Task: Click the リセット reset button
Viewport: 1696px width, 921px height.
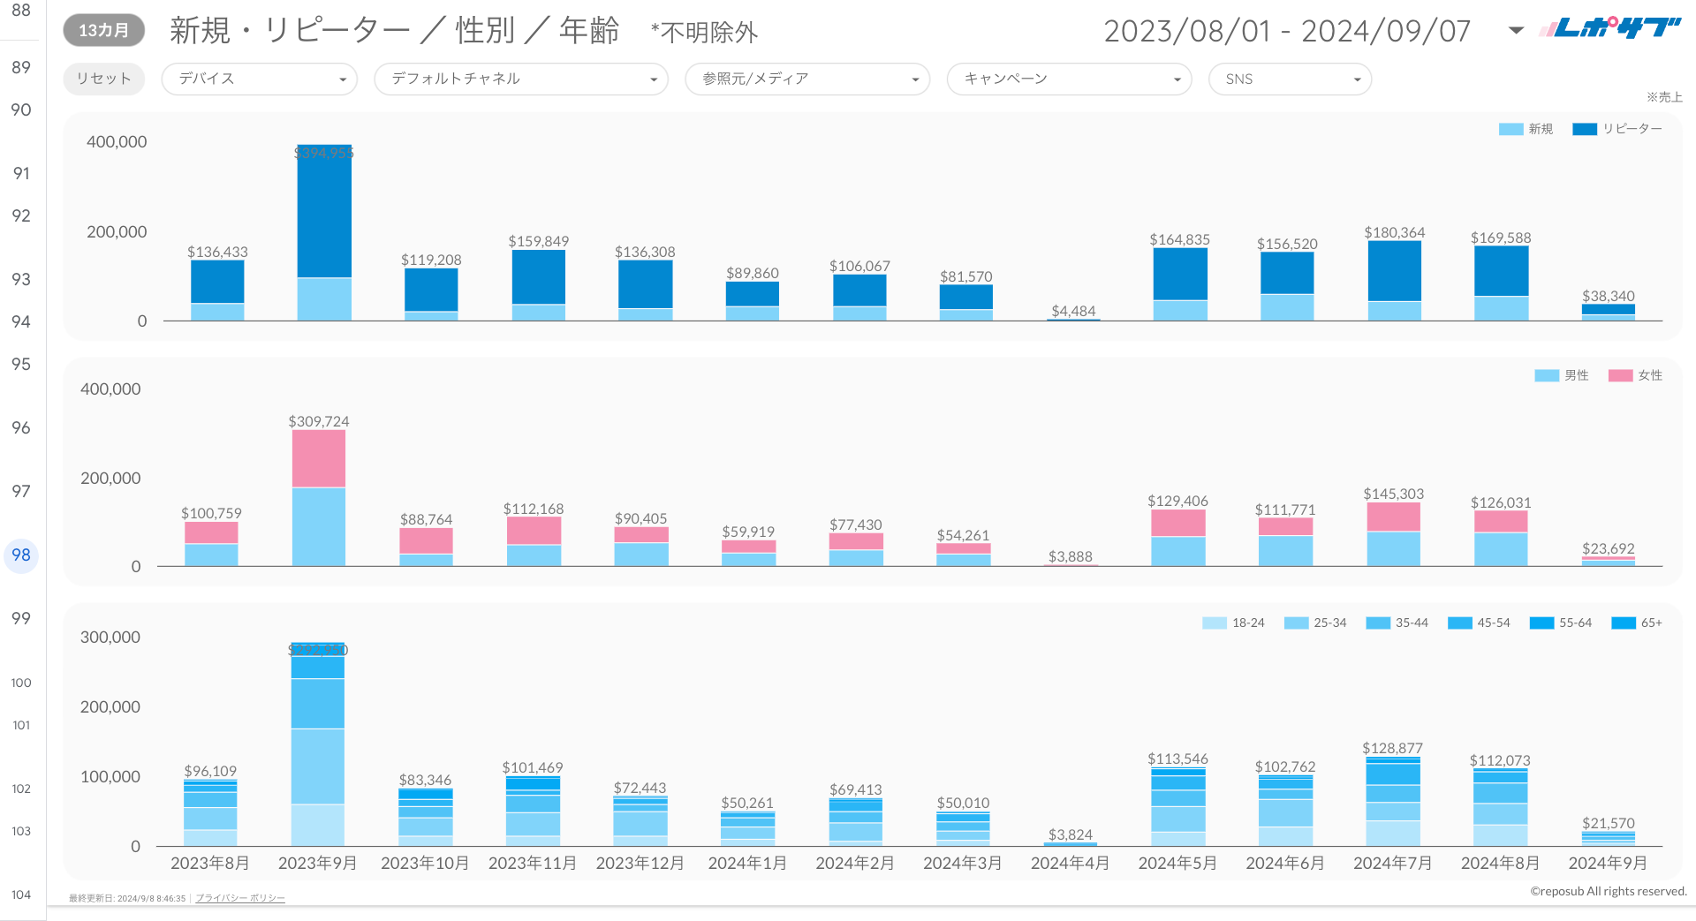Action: pyautogui.click(x=103, y=79)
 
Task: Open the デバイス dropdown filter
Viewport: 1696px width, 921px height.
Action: pyautogui.click(x=259, y=79)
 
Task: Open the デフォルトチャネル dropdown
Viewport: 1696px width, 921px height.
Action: pyautogui.click(x=521, y=79)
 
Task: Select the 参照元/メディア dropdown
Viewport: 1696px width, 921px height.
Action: pyautogui.click(x=807, y=79)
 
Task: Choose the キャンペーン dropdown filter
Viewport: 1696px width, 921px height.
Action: pyautogui.click(x=1069, y=79)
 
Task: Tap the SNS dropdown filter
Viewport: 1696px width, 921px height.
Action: pyautogui.click(x=1290, y=79)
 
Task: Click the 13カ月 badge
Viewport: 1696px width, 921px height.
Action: pyautogui.click(x=103, y=30)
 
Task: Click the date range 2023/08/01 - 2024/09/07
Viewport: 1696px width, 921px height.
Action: pyautogui.click(x=1287, y=31)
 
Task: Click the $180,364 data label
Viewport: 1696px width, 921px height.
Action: pyautogui.click(x=1394, y=232)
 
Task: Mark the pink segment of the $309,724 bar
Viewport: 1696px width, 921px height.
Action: pyautogui.click(x=319, y=459)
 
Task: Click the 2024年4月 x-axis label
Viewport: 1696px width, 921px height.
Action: pyautogui.click(x=1070, y=863)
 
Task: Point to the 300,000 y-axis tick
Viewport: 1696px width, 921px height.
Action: pyautogui.click(x=110, y=637)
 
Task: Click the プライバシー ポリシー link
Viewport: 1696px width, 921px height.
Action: pyautogui.click(x=240, y=898)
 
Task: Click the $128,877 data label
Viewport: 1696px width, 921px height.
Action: pyautogui.click(x=1392, y=748)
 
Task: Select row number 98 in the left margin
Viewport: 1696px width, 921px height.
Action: pyautogui.click(x=21, y=555)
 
